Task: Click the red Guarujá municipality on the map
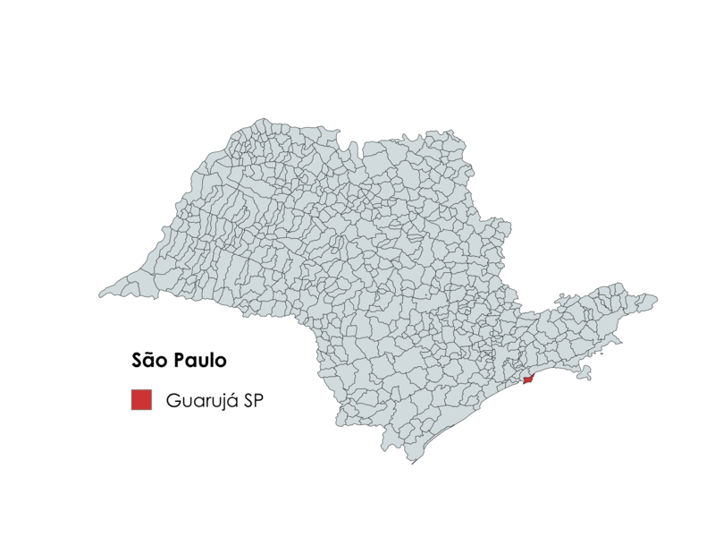(x=527, y=381)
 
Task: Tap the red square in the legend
(x=141, y=400)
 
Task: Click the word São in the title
(x=149, y=362)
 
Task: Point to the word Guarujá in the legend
(x=201, y=401)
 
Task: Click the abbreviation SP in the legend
(x=253, y=400)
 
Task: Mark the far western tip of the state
(x=100, y=294)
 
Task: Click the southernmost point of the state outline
(x=412, y=463)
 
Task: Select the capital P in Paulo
(x=181, y=362)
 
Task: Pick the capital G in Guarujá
(x=172, y=400)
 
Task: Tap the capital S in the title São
(x=137, y=362)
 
